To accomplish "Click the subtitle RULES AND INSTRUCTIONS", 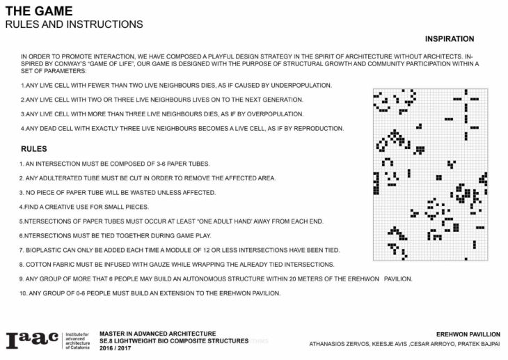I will (74, 24).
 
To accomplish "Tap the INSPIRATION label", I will (449, 39).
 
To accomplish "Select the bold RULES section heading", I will (33, 149).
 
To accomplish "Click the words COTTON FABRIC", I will (46, 264).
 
